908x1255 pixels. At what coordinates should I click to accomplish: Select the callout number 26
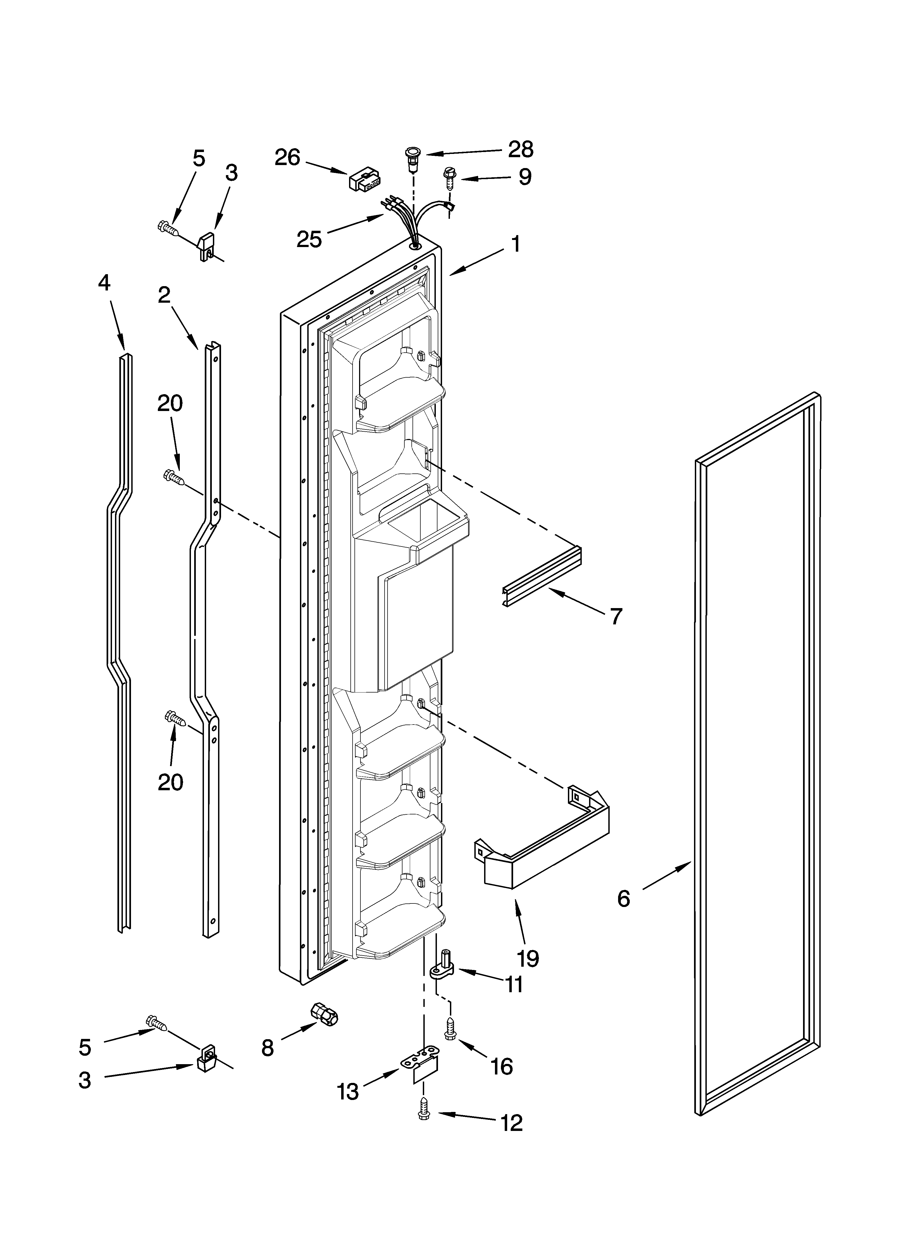coord(287,158)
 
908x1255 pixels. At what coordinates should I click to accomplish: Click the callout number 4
coord(104,283)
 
